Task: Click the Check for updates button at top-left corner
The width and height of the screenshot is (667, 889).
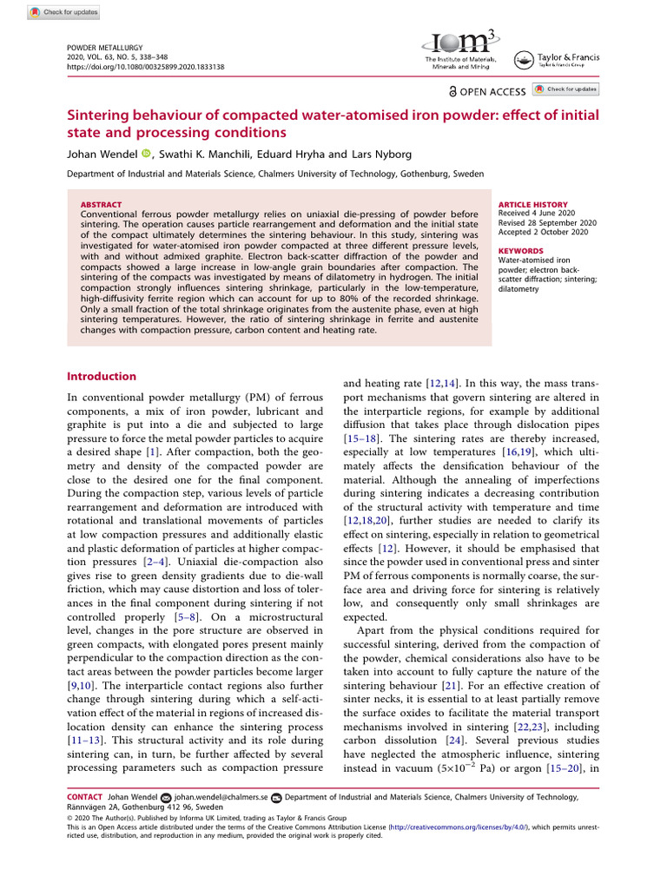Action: pos(64,12)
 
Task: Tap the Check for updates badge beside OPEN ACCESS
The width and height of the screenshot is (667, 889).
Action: pos(565,89)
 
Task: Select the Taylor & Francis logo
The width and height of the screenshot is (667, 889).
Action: pos(555,60)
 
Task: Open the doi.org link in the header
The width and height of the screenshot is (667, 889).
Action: pos(145,66)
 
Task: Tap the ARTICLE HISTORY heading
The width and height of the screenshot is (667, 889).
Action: pos(532,205)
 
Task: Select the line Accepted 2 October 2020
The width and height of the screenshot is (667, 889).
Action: pos(543,232)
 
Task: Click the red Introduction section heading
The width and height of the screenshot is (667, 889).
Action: pos(102,376)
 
